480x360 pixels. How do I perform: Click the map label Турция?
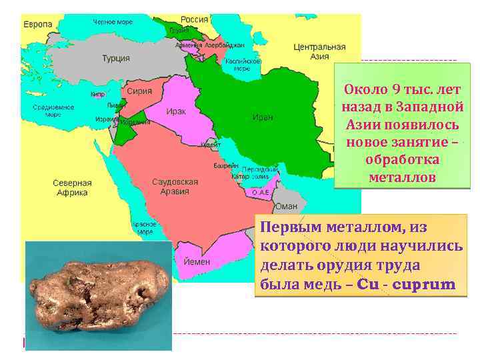click(116, 59)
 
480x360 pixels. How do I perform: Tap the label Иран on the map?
click(262, 117)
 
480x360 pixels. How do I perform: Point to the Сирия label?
click(139, 91)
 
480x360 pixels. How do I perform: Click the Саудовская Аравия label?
click(175, 186)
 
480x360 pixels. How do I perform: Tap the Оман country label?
click(287, 207)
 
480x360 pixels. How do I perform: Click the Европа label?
click(38, 24)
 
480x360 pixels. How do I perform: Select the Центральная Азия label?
click(319, 52)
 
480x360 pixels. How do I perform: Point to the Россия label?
click(195, 19)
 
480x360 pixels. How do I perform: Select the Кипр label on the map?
click(97, 95)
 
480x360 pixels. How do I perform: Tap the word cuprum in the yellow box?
click(423, 285)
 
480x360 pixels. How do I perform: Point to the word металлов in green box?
click(402, 178)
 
